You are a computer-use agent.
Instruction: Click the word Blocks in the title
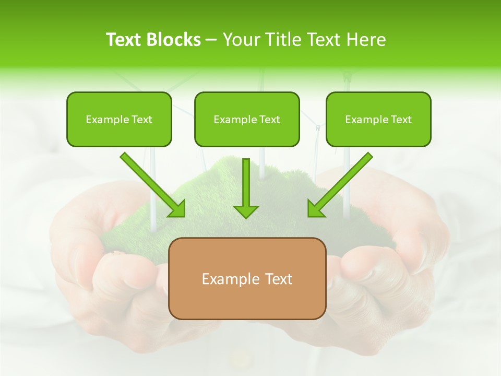(173, 40)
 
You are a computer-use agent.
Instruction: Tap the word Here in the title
(366, 40)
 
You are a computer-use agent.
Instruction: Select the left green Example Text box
(119, 119)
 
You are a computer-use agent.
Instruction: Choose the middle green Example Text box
(247, 119)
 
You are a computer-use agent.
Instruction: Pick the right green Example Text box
(378, 119)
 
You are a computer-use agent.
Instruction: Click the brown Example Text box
(247, 278)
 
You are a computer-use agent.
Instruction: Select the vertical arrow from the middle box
(246, 183)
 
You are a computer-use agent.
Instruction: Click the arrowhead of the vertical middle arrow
(246, 210)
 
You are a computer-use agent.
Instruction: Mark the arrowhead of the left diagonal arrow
(177, 209)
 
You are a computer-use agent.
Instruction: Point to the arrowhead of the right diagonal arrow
(315, 209)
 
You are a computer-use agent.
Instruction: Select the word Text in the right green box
(401, 120)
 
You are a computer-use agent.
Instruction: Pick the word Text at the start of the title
(123, 40)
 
